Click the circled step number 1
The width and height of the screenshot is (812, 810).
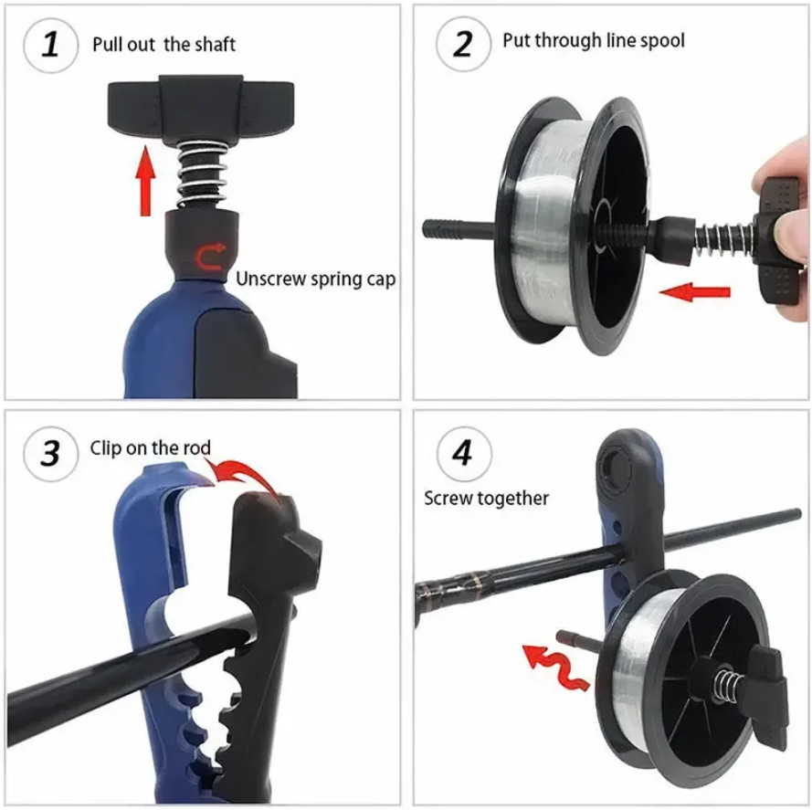coord(51,45)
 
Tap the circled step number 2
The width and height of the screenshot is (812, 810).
coord(463,44)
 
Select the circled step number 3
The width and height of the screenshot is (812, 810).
coord(51,454)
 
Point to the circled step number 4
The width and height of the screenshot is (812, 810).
coord(463,454)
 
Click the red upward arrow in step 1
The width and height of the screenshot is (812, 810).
coord(146,181)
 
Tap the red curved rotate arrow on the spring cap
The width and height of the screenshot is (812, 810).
coord(210,257)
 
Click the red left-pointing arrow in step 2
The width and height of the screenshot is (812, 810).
coord(694,292)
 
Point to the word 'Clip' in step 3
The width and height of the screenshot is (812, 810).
coord(105,448)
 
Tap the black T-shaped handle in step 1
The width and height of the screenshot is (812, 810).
coord(201,109)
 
